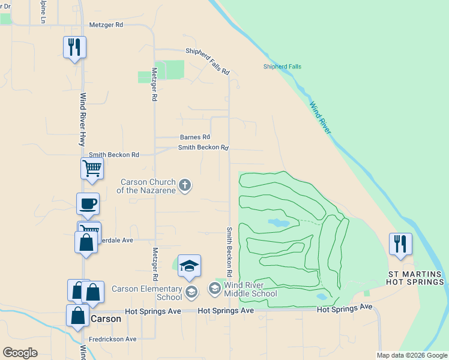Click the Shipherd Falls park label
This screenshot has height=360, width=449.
pos(282,67)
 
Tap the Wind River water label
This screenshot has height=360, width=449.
pos(321,118)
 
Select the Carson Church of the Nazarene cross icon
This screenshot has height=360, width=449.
pos(185,185)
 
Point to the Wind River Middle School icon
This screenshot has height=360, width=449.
pos(214,289)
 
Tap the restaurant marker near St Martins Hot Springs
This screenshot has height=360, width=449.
pos(400,244)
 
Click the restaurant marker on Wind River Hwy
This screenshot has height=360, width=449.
pos(74,47)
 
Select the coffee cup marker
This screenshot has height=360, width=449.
pos(88,203)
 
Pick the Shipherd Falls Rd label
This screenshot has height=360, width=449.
pos(208,62)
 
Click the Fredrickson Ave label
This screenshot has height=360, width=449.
pos(113,339)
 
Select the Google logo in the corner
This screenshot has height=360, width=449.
pos(20,353)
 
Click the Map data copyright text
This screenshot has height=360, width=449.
pos(412,355)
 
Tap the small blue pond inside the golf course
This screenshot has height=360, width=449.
pos(278,223)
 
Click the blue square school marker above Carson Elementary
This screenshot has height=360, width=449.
pos(189,266)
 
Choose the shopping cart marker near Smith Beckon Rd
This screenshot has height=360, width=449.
pos(92,168)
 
